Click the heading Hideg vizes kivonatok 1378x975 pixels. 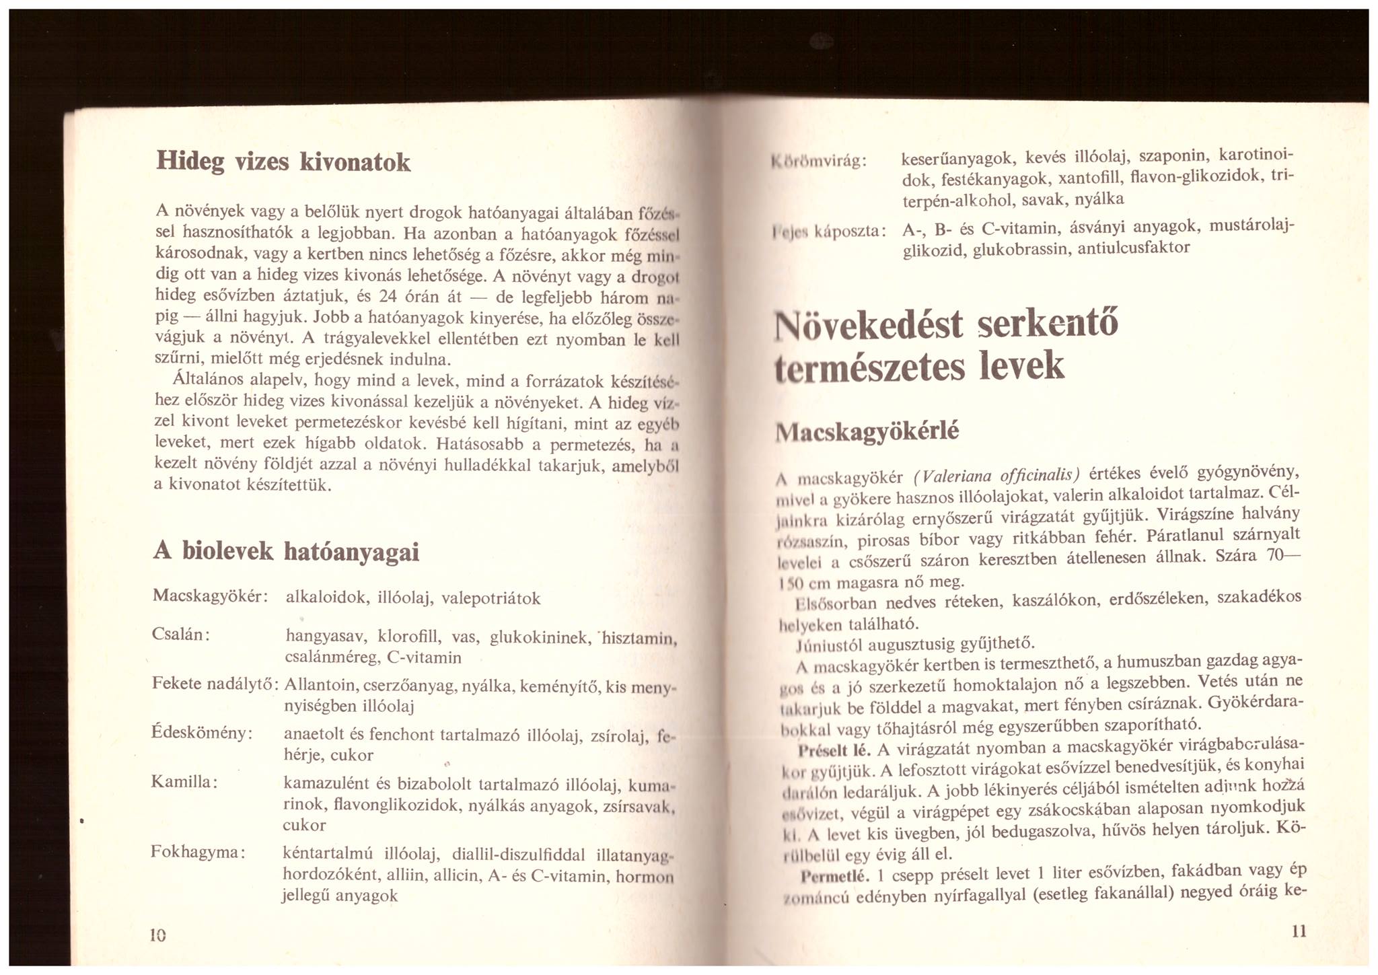(x=283, y=162)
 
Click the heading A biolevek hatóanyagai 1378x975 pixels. (x=286, y=552)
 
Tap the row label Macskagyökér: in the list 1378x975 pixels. (x=211, y=596)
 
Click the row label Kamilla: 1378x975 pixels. (x=184, y=782)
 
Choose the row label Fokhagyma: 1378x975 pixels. (x=197, y=852)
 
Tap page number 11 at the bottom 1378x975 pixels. (x=1299, y=931)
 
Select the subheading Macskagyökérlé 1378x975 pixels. (x=867, y=431)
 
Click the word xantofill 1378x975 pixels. (x=1090, y=179)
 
